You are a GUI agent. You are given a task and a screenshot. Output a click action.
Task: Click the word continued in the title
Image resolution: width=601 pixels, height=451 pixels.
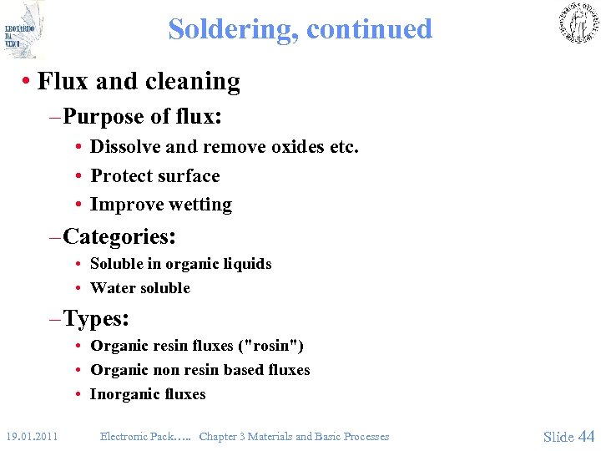click(x=369, y=29)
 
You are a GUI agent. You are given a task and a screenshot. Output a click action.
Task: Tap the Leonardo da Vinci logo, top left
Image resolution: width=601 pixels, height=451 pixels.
click(x=23, y=29)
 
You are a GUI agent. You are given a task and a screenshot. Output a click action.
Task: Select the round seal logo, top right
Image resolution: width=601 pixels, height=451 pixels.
click(x=578, y=23)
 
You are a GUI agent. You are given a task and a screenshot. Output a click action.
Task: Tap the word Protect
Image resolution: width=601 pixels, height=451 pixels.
click(x=122, y=176)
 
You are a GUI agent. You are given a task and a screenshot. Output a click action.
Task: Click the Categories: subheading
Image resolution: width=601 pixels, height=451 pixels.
click(x=119, y=236)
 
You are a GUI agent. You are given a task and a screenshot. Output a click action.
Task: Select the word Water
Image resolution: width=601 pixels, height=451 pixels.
click(x=110, y=288)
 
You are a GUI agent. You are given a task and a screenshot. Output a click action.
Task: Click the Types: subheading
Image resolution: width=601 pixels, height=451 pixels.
click(x=95, y=318)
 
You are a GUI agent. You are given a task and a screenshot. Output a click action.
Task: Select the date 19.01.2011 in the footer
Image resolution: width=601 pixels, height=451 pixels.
click(x=32, y=436)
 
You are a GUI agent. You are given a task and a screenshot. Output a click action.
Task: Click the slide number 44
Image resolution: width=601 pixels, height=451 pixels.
click(x=586, y=436)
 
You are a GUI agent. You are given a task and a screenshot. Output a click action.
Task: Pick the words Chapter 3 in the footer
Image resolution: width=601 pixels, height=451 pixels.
click(x=224, y=436)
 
